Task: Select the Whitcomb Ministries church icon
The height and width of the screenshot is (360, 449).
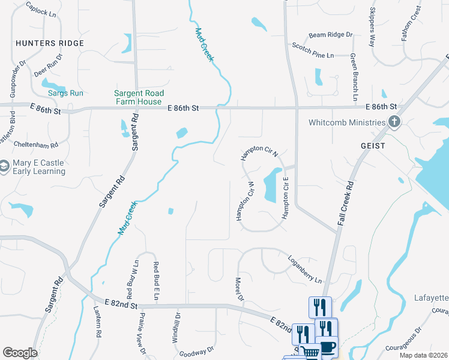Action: [394, 123]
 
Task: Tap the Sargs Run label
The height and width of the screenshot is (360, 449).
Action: [65, 93]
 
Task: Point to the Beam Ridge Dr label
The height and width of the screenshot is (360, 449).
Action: [330, 35]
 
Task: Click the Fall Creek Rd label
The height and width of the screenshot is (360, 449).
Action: [349, 196]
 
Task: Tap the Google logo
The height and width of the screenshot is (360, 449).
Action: [20, 353]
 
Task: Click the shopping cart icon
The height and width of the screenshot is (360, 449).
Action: [310, 353]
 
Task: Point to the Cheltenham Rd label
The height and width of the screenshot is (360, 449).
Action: [37, 145]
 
